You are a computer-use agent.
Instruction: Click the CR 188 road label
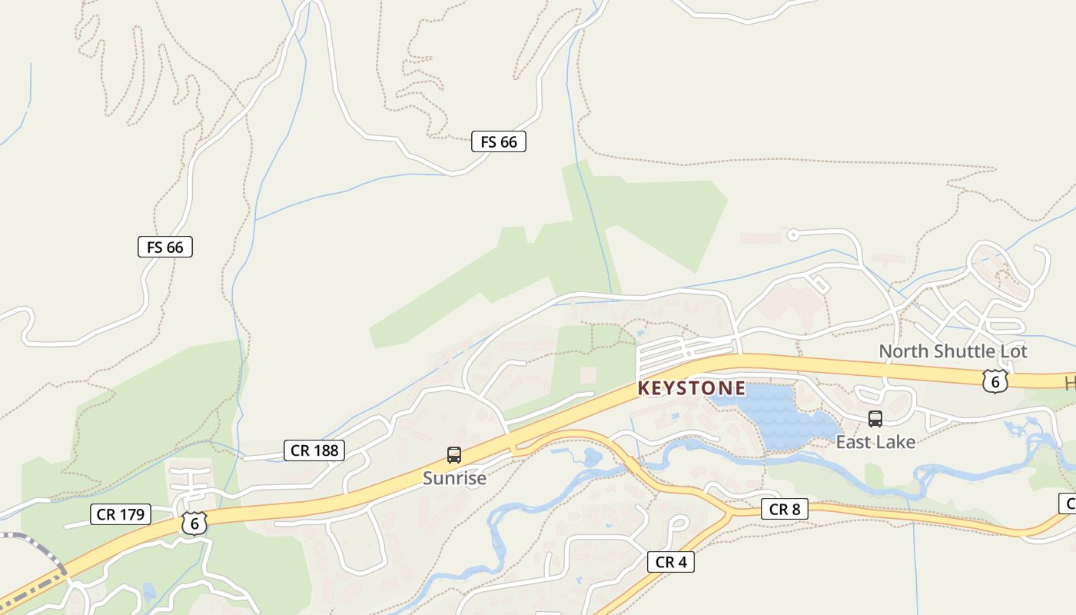coord(314,450)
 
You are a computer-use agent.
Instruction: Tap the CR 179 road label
coord(121,514)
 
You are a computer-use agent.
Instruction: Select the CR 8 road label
coord(785,509)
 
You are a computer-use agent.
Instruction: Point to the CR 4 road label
coord(670,562)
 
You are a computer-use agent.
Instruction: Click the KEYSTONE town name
coord(691,388)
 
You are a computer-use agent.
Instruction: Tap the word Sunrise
coord(454,478)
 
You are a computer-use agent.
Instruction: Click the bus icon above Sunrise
coord(454,455)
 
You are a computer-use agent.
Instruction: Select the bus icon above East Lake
coord(875,419)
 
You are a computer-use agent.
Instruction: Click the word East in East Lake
coord(854,442)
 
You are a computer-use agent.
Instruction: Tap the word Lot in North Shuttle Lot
coord(1013,351)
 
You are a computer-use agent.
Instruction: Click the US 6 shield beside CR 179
coord(194,523)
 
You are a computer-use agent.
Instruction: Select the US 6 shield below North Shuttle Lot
coord(994,381)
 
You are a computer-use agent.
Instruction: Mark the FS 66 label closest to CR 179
coord(165,247)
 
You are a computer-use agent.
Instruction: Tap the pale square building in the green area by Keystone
coord(588,374)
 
